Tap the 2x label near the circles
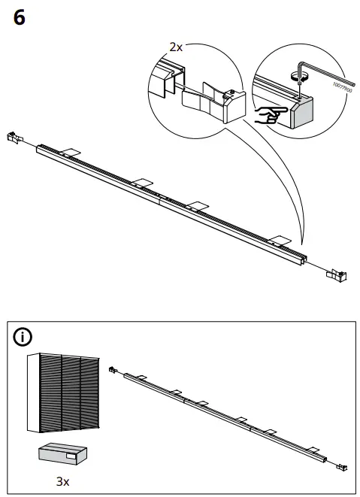click(176, 47)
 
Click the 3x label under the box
click(64, 480)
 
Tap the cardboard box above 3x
click(63, 454)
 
